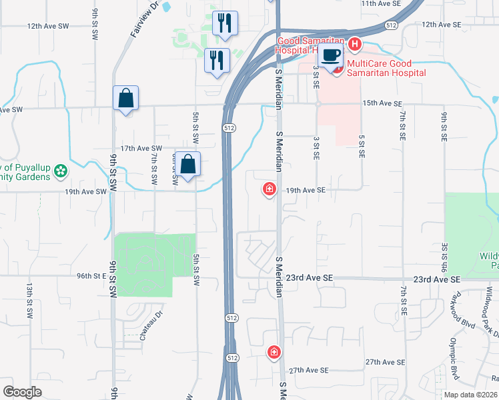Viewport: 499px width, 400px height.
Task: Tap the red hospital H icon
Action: tap(354, 45)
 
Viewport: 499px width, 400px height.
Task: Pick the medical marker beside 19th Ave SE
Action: tap(270, 190)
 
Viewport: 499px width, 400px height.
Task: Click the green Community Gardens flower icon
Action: tap(61, 171)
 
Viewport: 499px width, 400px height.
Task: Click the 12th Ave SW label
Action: tap(48, 26)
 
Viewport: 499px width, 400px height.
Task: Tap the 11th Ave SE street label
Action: tap(381, 3)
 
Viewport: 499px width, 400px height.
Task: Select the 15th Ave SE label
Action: tap(382, 104)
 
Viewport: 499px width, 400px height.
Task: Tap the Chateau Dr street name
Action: tap(151, 328)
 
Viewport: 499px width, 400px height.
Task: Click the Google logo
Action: tap(22, 392)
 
